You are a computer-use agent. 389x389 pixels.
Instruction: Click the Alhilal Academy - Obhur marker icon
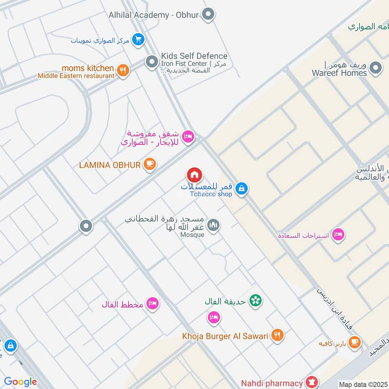209,15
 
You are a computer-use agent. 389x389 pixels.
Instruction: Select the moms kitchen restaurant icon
124,70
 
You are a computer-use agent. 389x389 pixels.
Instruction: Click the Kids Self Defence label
194,56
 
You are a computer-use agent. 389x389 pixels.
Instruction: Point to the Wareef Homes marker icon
375,69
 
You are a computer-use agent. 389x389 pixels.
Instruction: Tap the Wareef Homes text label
339,73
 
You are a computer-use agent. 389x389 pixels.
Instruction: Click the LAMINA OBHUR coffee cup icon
150,164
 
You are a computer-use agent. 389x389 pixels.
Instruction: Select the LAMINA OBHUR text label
110,165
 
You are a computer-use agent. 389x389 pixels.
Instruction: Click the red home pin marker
194,175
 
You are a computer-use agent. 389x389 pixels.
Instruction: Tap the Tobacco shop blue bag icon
242,189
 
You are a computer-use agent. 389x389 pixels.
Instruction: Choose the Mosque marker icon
213,225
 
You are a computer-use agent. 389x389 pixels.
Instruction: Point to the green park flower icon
255,301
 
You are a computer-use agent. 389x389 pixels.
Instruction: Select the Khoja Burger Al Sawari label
225,336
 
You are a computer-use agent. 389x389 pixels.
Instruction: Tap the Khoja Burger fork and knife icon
277,335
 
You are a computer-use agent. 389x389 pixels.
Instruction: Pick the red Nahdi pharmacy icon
311,383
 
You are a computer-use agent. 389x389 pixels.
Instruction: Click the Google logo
20,382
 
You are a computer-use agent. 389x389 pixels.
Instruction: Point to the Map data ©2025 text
363,385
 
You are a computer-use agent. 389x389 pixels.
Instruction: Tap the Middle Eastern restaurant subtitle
76,76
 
